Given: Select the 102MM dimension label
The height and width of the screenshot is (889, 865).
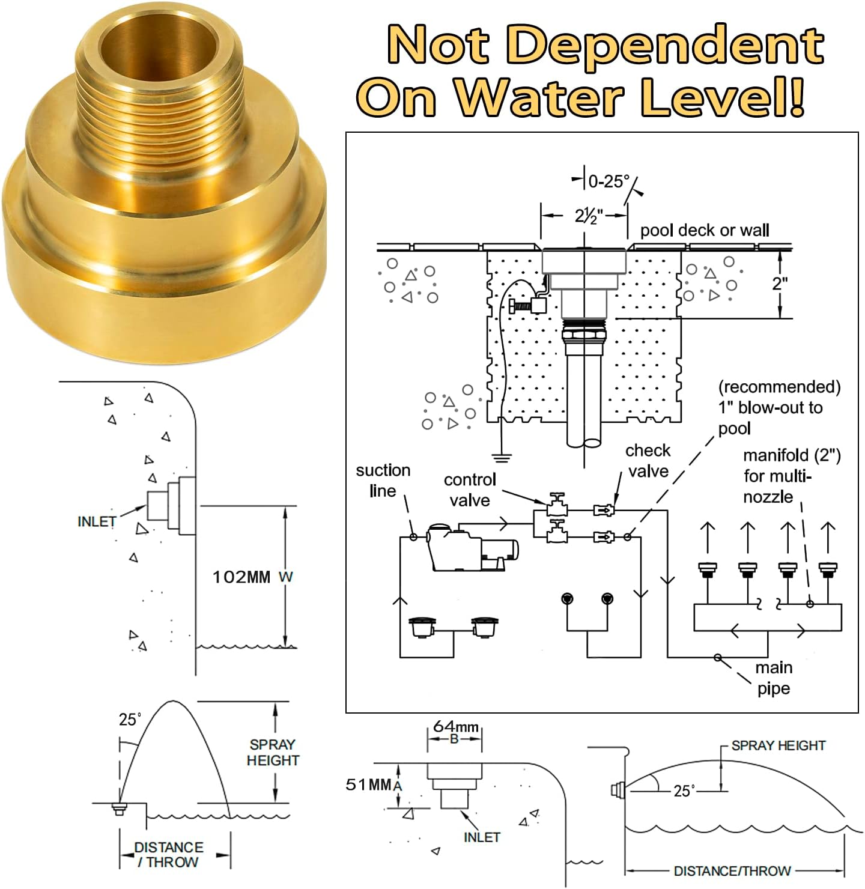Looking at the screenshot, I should pos(241,577).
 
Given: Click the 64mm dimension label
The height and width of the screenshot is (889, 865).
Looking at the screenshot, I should pos(455,727).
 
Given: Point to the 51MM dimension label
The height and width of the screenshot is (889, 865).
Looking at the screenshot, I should pos(368,784).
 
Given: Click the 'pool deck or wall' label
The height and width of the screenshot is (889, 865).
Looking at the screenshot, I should pos(704,231).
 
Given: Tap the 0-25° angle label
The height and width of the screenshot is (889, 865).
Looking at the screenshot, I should pos(609,181).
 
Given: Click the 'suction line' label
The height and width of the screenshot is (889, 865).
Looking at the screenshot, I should pos(383,480).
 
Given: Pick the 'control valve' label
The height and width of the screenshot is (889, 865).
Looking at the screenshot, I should pos(470,490).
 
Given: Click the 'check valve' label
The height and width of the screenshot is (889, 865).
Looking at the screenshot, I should pos(648,460).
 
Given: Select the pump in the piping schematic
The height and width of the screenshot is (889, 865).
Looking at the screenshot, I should pos(472,547).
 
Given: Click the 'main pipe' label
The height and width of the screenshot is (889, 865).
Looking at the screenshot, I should pos(774,678).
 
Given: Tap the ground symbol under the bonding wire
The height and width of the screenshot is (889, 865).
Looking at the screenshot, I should pos(502,458).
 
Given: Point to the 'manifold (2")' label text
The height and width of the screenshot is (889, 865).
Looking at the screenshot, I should pos(791,456).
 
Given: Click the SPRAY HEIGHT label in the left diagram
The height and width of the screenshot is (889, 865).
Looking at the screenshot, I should pos(273,752).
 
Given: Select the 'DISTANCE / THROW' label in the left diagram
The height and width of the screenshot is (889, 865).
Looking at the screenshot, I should pos(168,854).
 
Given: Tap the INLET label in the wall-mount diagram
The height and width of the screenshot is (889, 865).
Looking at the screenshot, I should pos(96,521).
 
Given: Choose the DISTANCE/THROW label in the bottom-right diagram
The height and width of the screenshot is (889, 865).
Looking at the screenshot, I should pos(732,870).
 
